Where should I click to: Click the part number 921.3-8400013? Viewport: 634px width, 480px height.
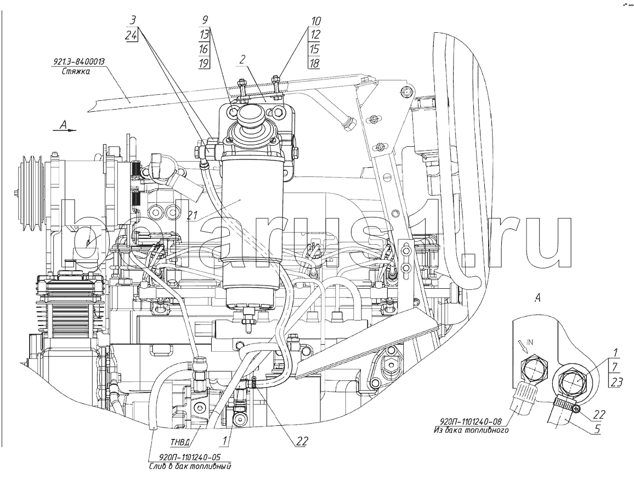coord(79,62)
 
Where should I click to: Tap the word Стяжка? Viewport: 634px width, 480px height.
coord(76,72)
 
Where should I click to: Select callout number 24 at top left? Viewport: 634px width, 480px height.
coord(131,35)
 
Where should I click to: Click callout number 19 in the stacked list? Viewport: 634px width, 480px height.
coord(204,63)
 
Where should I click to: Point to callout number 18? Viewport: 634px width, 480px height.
coord(314,64)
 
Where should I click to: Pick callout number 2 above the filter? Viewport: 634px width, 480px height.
coord(242,60)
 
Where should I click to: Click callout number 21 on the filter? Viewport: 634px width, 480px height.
coord(191,216)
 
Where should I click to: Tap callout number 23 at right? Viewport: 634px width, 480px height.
coord(616,382)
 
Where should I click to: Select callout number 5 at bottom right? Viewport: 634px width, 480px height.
coord(597,428)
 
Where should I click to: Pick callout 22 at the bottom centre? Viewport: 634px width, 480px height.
coord(302,441)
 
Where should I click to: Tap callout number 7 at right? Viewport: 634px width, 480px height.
coord(615,367)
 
